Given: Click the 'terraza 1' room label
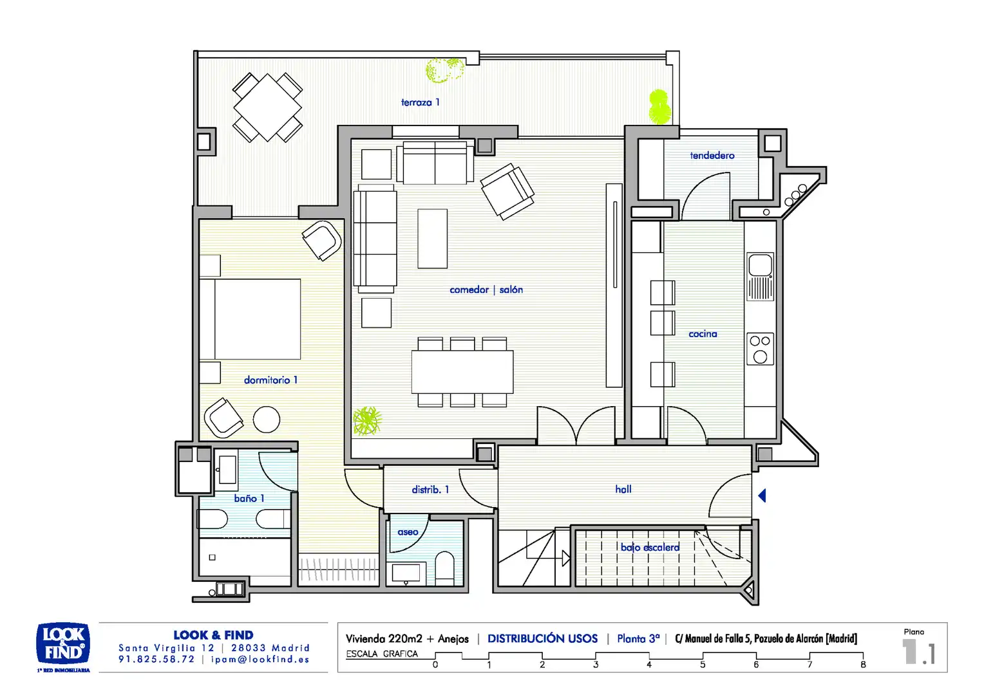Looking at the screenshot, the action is coord(420,102).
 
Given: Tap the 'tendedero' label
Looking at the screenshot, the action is coord(712,156).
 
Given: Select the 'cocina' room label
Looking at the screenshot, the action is coord(703,334).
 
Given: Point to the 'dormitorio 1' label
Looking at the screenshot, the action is coord(270,380).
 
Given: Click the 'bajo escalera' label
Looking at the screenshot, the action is coord(650,547).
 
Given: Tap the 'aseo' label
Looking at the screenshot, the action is coord(408,532).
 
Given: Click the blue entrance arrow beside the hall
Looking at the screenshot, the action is coord(762,496).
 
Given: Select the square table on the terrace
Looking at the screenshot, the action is coord(267,107).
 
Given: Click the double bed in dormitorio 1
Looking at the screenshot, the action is coord(251,319).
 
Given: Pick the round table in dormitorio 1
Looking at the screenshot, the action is coord(266,420).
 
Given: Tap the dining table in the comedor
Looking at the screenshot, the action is coord(462,372).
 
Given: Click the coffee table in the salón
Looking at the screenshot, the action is coord(432,238).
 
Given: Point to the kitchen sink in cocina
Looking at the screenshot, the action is coord(760,277).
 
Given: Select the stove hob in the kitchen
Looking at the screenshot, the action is coord(760,349).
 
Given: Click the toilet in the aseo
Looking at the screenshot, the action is coord(444,568).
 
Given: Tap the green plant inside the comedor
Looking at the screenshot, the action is coord(367,421).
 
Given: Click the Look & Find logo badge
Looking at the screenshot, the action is coord(63,644).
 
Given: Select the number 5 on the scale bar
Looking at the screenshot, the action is coord(703,665).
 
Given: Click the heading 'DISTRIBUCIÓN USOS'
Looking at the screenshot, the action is coord(542,638).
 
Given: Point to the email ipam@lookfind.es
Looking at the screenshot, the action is coord(260,660).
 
